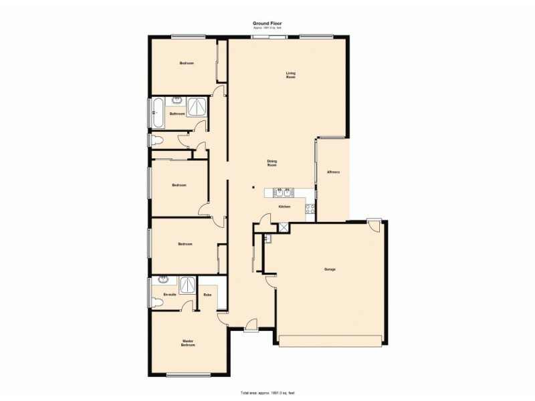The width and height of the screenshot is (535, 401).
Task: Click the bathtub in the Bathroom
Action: pos(158,113)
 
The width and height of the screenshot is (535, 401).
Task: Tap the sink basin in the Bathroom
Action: pos(177,102)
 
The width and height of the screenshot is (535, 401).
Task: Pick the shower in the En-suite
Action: pos(187,285)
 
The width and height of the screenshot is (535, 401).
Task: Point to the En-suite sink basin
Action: pos(163,281)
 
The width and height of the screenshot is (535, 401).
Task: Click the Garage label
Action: pos(330,269)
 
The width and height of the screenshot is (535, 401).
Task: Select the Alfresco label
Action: pos(334,173)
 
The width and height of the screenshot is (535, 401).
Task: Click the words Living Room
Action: pos(291,75)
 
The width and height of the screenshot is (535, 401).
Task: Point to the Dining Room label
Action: pos(272,163)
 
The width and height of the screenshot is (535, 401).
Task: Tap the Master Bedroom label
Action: pos(189,344)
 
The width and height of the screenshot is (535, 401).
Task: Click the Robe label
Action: pos(207,295)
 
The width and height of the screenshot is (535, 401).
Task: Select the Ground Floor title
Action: pos(266,23)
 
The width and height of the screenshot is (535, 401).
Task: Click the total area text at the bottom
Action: pos(267,392)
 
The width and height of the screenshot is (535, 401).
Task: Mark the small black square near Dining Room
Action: pos(253,187)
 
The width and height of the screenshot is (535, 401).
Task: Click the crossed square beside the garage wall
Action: pos(284,227)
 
